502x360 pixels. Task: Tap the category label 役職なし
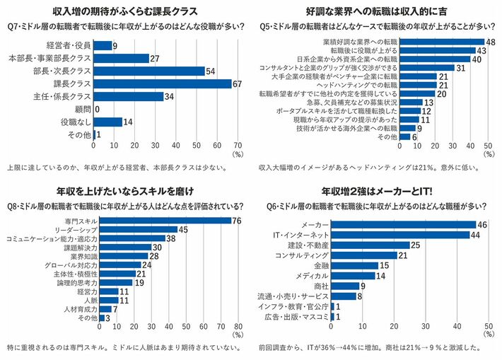tap(76, 122)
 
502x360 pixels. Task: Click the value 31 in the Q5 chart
tap(460, 68)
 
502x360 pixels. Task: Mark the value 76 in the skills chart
tap(236, 221)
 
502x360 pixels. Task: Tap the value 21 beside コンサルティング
tap(403, 255)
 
